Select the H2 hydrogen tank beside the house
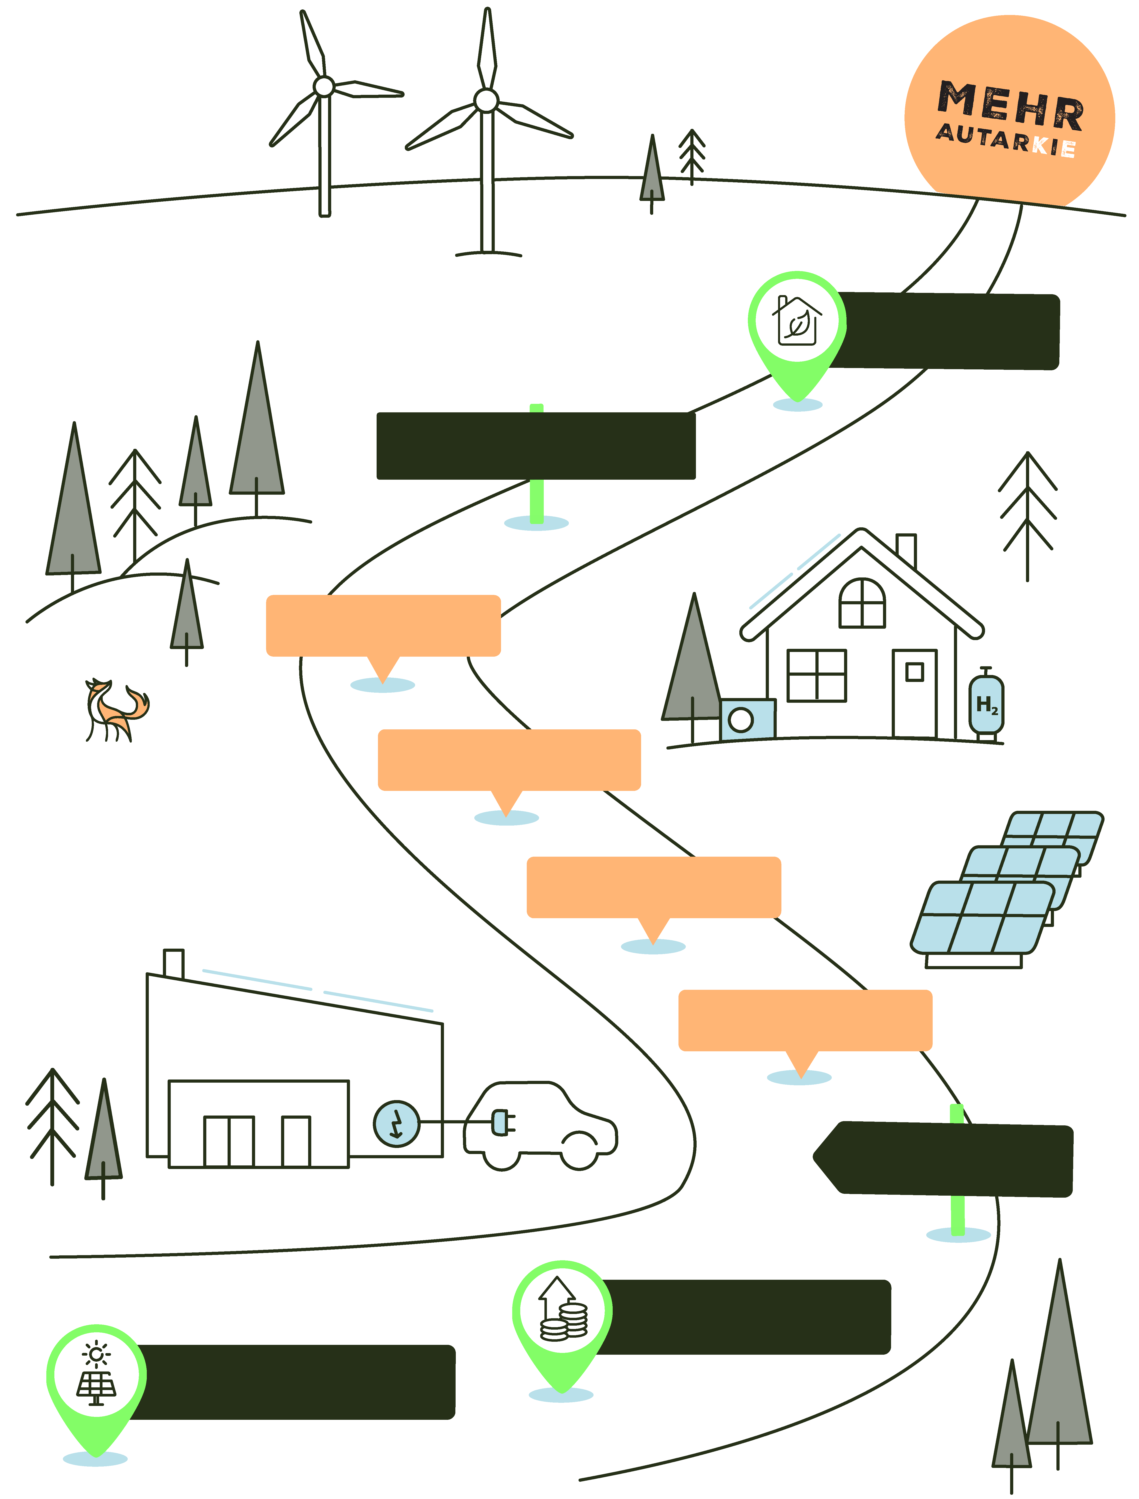(x=986, y=705)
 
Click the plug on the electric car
(x=502, y=1122)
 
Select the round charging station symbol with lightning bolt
(x=397, y=1123)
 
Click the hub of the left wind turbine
(x=324, y=86)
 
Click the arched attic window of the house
(x=862, y=603)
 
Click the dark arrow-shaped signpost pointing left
(x=942, y=1159)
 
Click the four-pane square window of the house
(x=816, y=676)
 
